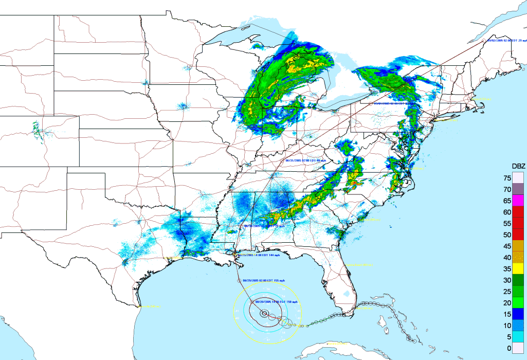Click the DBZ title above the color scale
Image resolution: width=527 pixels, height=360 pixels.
click(518, 166)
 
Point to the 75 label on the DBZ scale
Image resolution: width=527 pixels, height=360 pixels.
click(507, 178)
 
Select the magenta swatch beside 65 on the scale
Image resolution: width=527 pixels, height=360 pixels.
click(518, 201)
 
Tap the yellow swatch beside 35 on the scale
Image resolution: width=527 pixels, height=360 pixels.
click(518, 268)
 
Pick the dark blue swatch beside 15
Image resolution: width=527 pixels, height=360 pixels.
click(518, 314)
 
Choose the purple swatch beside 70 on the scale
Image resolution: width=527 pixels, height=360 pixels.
click(518, 189)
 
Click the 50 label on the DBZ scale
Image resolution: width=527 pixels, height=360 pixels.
click(507, 235)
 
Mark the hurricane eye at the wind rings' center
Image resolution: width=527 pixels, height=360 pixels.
click(264, 313)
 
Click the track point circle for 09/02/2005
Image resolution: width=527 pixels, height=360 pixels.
click(483, 40)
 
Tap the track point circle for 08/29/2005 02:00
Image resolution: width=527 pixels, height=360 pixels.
click(239, 280)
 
